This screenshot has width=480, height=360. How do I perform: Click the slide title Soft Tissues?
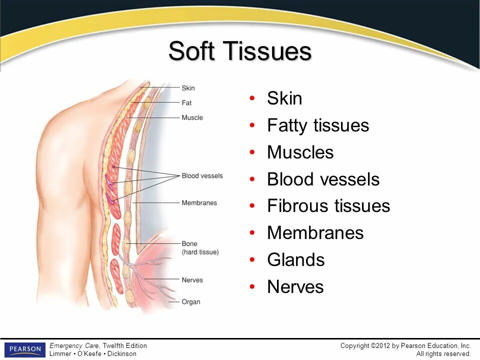(240, 51)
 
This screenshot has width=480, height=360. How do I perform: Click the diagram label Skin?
(188, 88)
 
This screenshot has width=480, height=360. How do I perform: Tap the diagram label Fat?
(186, 103)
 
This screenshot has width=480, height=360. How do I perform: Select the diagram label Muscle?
(192, 117)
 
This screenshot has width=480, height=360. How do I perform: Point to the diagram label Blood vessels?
(202, 176)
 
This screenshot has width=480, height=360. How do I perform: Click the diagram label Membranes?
(199, 203)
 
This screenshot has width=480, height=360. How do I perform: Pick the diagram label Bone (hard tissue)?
(200, 248)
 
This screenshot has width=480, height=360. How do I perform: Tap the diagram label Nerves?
(192, 280)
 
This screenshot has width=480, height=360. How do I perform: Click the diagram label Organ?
(191, 301)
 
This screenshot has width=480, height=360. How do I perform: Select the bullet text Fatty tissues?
(317, 125)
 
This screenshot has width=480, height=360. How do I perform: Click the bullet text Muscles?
(300, 152)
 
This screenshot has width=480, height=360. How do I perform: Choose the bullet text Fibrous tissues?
(328, 206)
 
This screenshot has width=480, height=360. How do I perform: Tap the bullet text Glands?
(295, 260)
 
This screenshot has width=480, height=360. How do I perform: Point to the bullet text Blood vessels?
(323, 179)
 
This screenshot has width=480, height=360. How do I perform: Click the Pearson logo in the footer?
(24, 349)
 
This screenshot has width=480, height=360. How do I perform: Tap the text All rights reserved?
(443, 353)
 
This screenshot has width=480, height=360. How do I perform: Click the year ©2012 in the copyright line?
(380, 345)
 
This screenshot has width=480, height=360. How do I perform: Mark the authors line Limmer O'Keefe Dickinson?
(92, 353)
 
